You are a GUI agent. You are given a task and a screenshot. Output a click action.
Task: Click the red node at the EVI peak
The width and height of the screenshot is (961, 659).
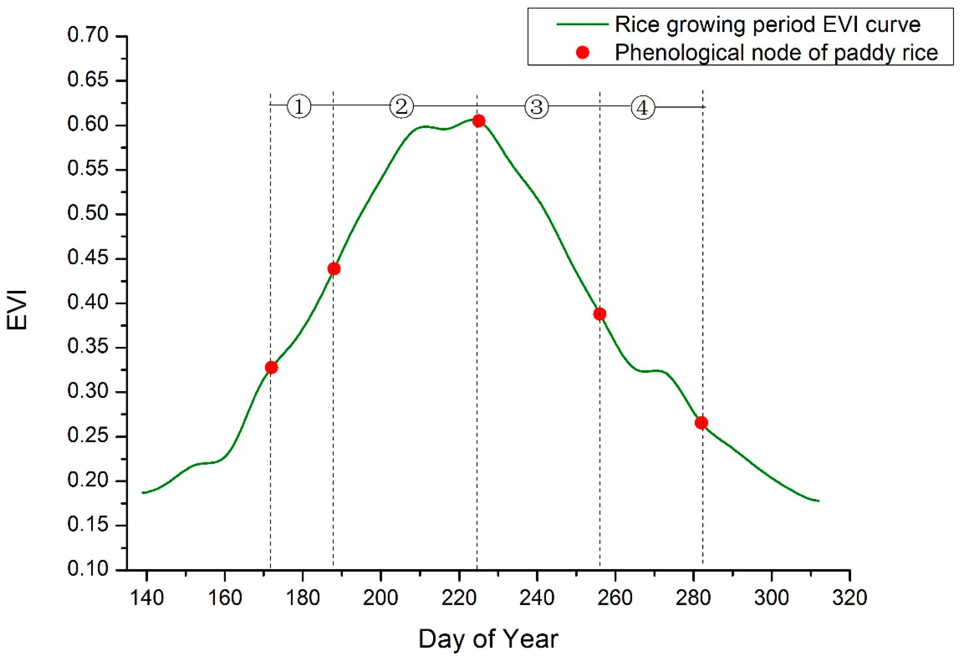479,121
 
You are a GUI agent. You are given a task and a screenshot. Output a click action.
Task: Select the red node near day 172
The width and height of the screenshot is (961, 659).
271,367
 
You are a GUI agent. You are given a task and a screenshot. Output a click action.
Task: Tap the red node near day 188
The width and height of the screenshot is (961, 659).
334,269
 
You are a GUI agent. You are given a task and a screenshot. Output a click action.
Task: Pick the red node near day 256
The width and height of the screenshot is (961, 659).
600,314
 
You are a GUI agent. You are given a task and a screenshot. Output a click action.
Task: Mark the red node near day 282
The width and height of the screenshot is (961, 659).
701,423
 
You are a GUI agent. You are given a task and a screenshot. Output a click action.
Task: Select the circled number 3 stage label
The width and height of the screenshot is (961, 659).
536,107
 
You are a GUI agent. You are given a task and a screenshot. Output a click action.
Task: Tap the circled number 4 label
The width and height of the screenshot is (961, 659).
643,108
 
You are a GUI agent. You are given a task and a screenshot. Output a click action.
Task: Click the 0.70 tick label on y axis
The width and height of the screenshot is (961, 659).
88,36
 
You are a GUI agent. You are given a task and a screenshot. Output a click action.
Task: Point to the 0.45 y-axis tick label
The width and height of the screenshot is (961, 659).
88,258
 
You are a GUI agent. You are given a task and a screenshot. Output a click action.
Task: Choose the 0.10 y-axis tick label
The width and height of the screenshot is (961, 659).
88,569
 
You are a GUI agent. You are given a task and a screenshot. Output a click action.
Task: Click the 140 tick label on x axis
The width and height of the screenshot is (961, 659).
147,598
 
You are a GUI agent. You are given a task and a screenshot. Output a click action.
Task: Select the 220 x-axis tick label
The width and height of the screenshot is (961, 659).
459,598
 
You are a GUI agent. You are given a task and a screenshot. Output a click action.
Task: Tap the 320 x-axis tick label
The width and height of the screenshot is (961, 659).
849,598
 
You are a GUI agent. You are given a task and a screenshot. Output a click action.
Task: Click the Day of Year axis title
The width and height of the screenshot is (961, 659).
488,639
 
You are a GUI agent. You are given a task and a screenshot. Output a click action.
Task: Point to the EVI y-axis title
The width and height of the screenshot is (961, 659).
17,310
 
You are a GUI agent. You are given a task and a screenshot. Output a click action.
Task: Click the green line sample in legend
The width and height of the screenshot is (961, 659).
582,24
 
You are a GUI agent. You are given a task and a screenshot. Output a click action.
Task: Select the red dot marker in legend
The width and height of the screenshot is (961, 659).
582,52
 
